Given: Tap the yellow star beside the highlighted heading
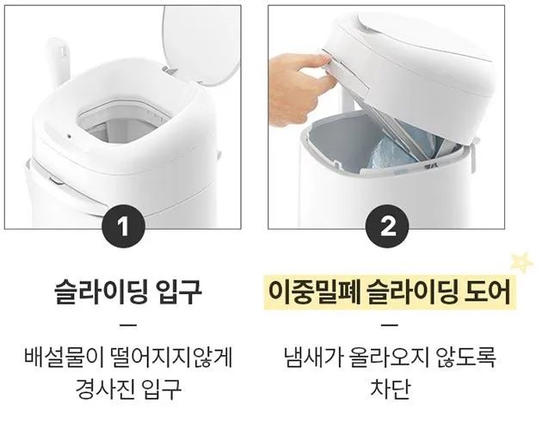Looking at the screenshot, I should pos(520,261).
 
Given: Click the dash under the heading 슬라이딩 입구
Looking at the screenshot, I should pos(126,326).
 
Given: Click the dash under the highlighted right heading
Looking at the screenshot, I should pos(387,326).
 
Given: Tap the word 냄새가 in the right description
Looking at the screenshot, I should pos(312,355).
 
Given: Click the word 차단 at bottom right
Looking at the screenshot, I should pos(387,388).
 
